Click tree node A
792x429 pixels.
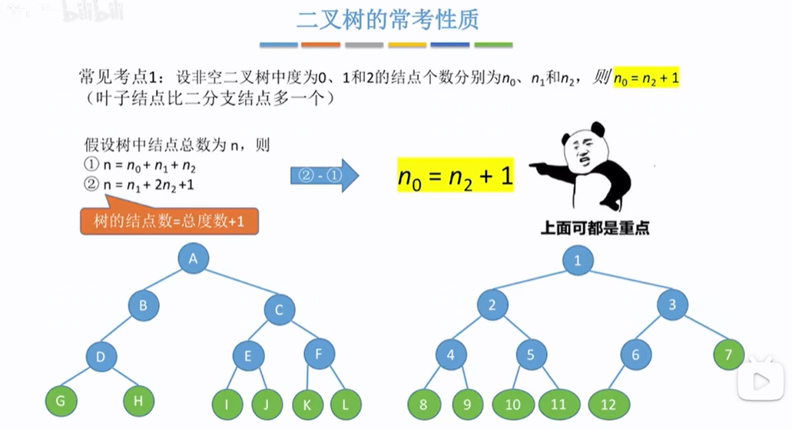tap(194, 258)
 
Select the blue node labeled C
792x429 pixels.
tap(280, 310)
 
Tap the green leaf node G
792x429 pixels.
tap(61, 401)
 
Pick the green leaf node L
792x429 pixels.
tap(346, 404)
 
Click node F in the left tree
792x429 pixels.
tap(320, 354)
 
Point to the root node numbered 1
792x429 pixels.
tap(577, 261)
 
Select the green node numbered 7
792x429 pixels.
tap(728, 355)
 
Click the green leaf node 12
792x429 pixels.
tap(609, 404)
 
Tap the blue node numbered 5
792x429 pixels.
tap(531, 355)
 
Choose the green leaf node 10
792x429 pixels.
tap(512, 404)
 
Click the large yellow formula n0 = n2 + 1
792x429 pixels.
tap(455, 177)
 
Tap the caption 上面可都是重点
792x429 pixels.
tap(595, 228)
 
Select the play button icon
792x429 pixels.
tap(761, 380)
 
